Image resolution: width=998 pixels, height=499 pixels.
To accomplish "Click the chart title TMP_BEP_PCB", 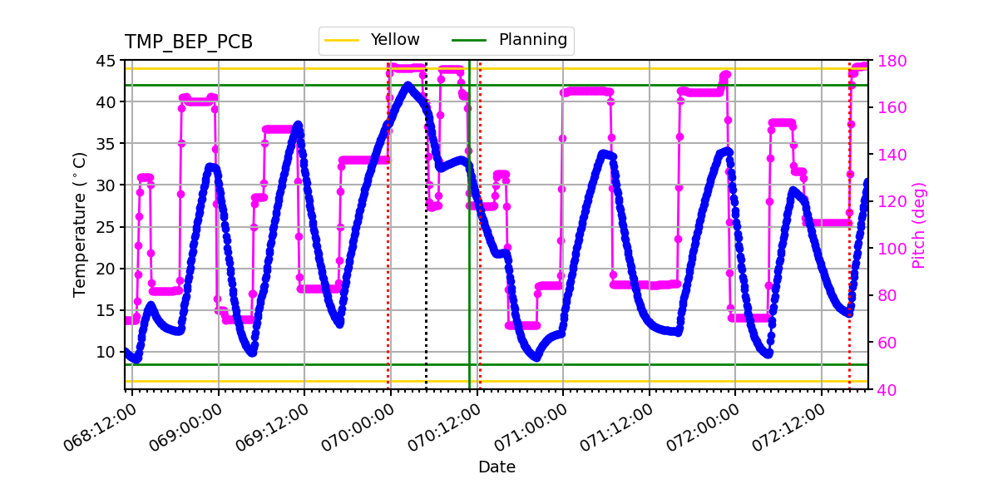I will coord(189,42).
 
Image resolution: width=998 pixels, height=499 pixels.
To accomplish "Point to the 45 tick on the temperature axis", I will coord(108,61).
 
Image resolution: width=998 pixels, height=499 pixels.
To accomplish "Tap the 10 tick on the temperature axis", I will coord(108,352).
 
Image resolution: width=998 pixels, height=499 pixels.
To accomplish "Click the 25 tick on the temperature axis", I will coord(108,227).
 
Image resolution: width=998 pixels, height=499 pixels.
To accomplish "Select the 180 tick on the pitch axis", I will coord(887,61).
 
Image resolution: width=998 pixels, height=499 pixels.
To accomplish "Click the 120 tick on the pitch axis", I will coord(887,202).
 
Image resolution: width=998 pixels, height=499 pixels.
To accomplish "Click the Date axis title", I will coord(497,467).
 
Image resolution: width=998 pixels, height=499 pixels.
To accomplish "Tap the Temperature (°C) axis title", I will coord(80,225).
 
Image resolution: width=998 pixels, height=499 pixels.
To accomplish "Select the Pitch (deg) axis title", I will coord(919,225).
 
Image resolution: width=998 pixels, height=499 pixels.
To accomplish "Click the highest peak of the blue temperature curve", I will coord(408,84).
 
